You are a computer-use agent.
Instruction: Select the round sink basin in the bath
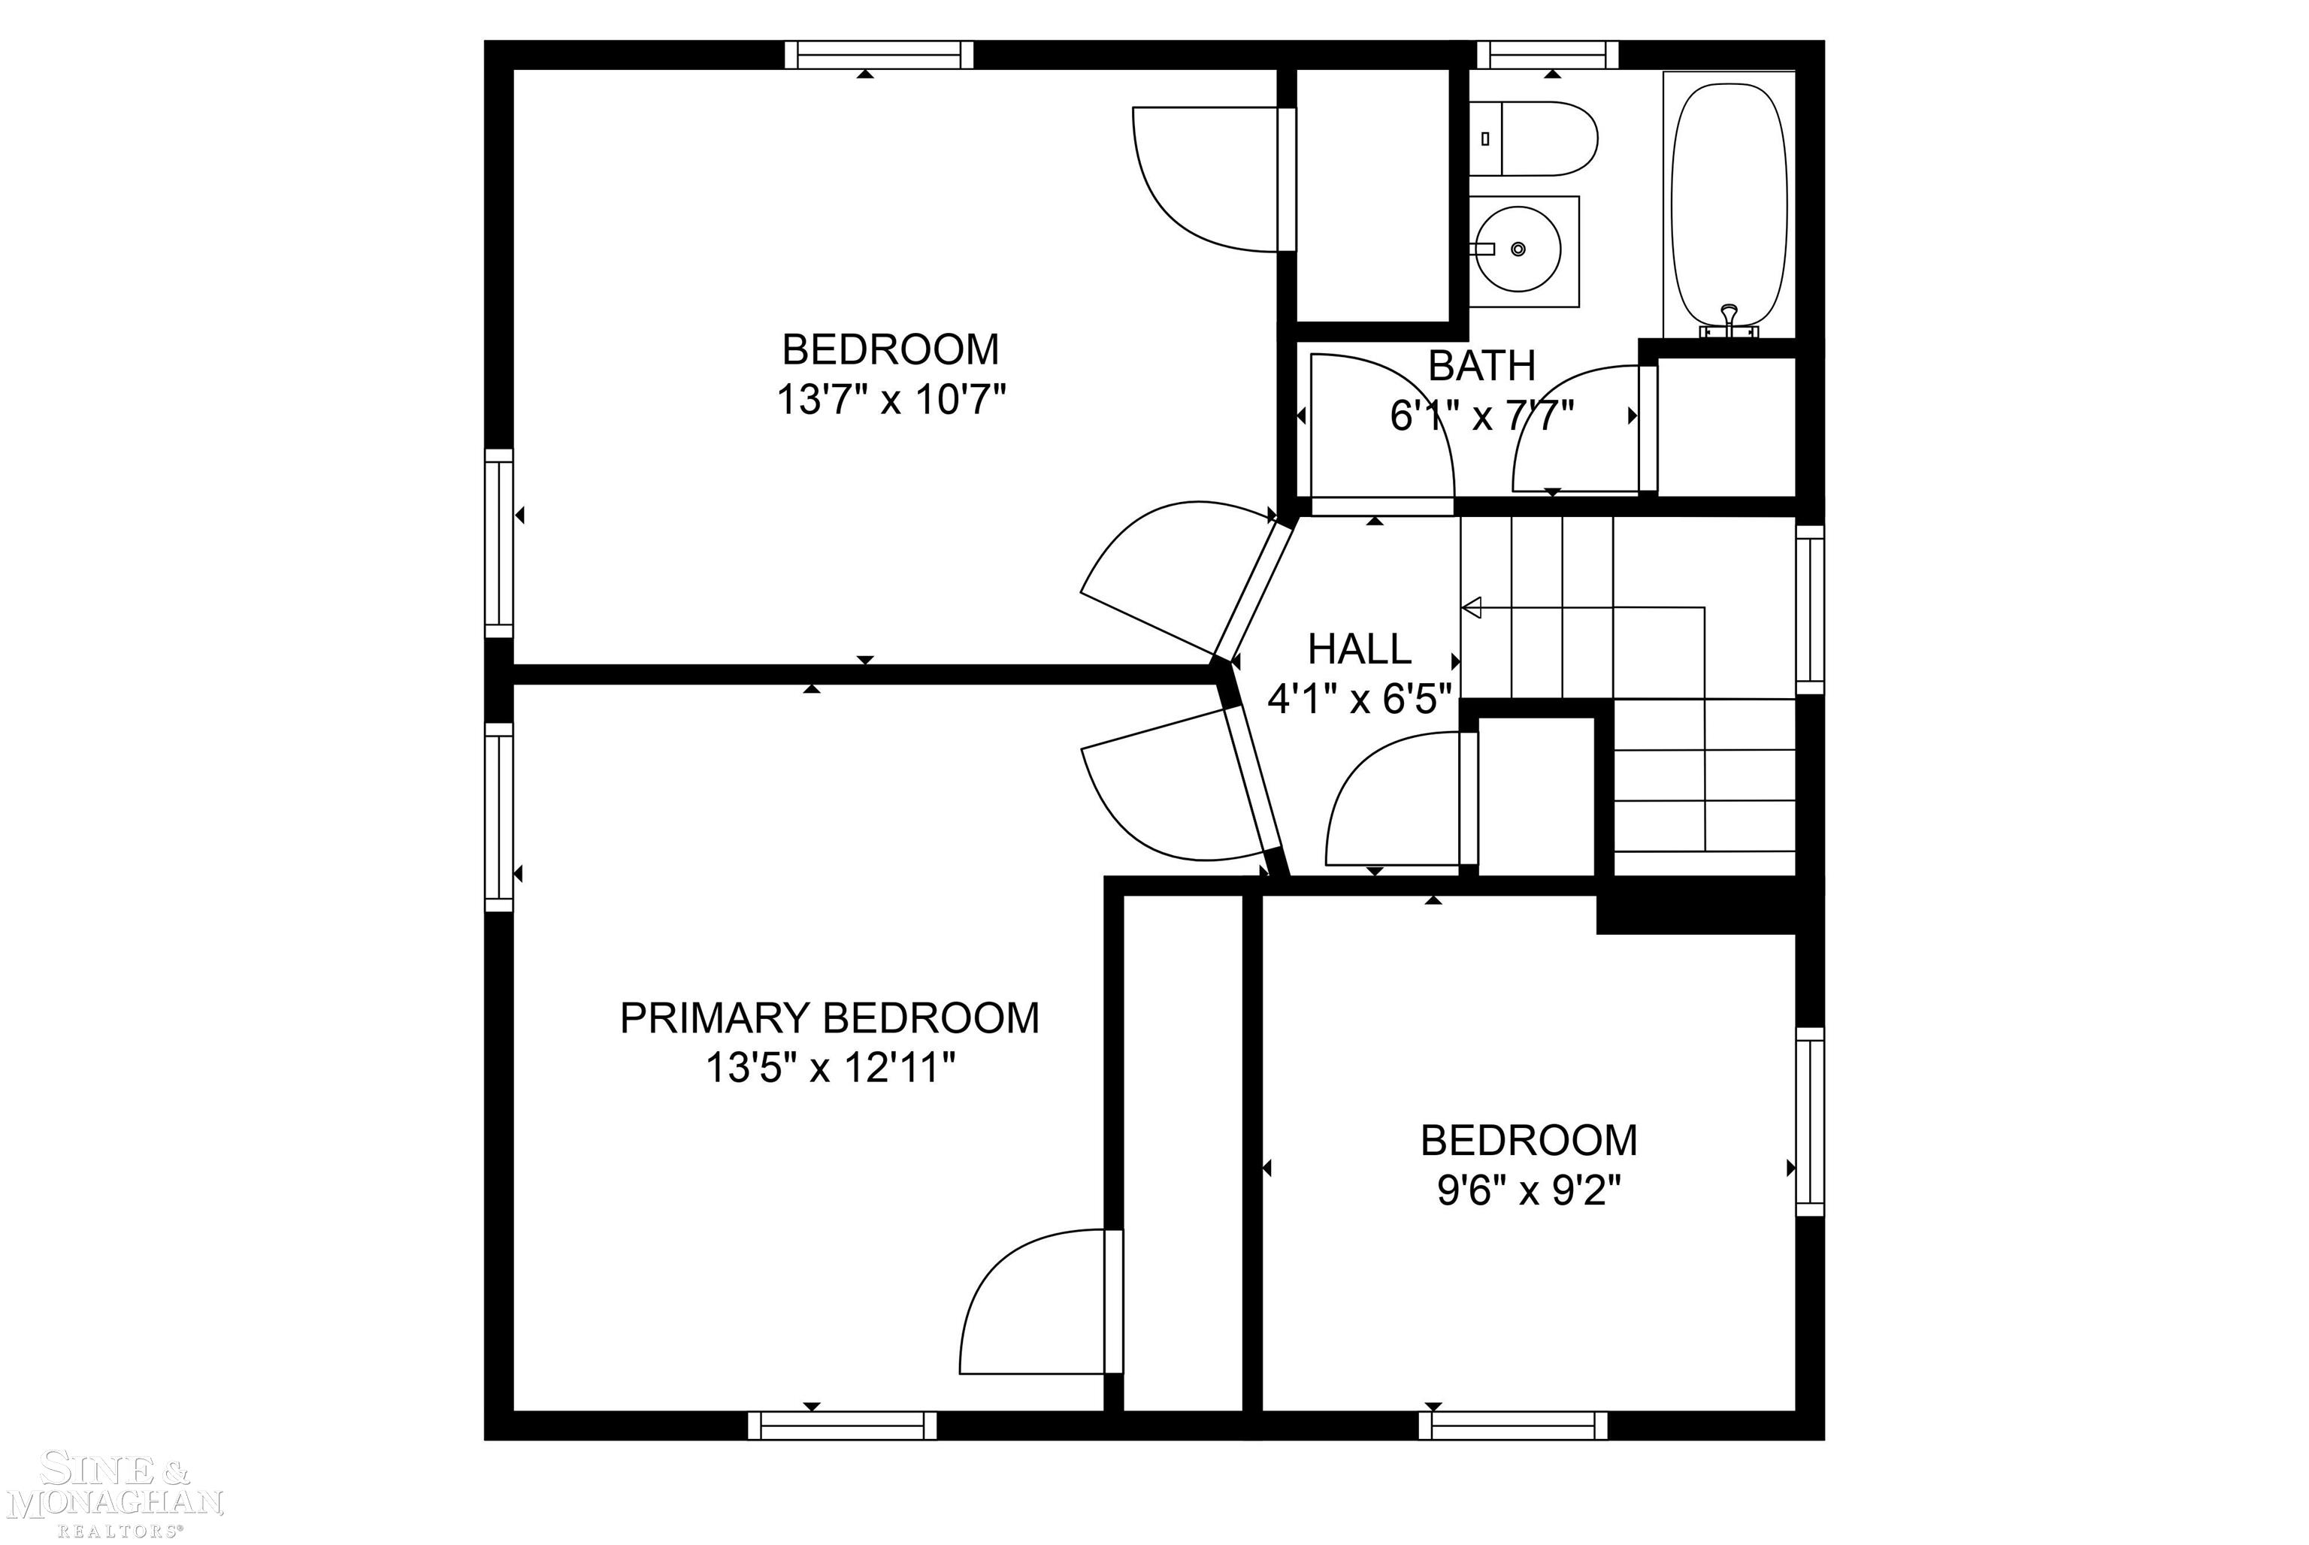pyautogui.click(x=1518, y=250)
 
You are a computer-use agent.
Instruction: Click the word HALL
pyautogui.click(x=1359, y=649)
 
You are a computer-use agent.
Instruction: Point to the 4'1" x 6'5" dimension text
pyautogui.click(x=1359, y=700)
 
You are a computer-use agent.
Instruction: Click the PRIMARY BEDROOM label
pyautogui.click(x=829, y=1017)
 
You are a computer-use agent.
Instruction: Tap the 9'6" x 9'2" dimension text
pyautogui.click(x=1529, y=1193)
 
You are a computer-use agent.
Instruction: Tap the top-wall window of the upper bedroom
pyautogui.click(x=878, y=55)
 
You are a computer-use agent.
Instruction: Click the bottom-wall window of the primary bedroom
pyautogui.click(x=842, y=1426)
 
